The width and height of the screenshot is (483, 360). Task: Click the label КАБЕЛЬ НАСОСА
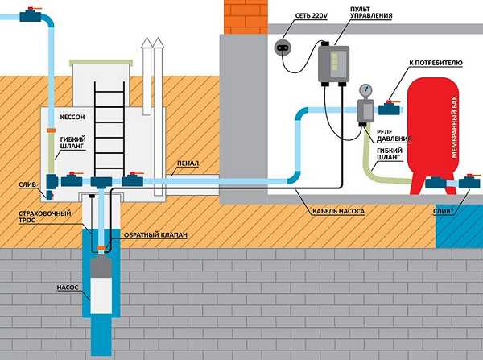337,211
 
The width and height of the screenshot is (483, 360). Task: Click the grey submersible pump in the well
101,286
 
